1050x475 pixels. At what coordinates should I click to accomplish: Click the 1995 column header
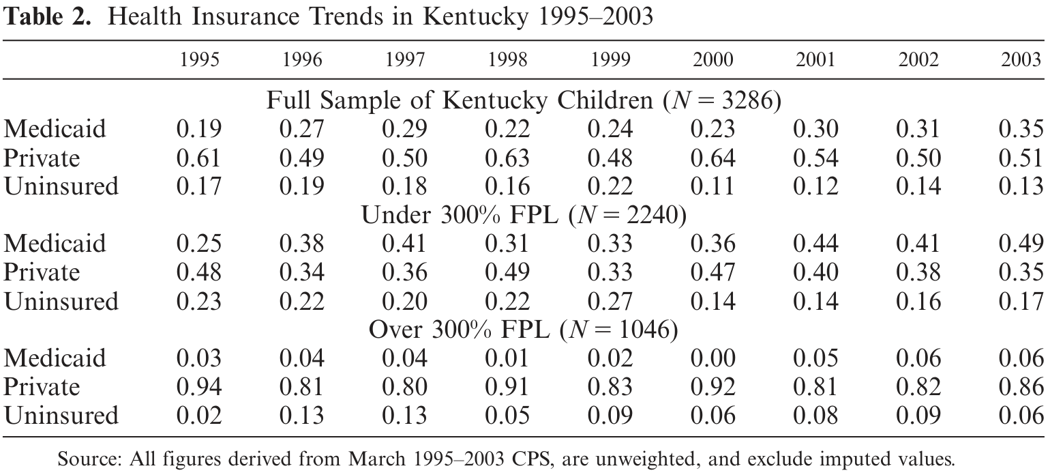[199, 60]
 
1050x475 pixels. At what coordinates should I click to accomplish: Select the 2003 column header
[1021, 60]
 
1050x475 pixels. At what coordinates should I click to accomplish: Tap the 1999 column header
[610, 60]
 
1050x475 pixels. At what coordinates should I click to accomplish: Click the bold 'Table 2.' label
[47, 17]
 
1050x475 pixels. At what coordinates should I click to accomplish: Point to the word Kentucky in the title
[475, 17]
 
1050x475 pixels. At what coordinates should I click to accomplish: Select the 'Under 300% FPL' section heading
[460, 215]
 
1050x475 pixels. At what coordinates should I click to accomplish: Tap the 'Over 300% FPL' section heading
[460, 330]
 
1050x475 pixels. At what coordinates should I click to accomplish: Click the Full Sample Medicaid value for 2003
[1021, 128]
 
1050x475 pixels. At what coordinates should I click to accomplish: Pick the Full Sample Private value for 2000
[713, 158]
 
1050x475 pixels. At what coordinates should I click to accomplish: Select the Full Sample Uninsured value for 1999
[610, 186]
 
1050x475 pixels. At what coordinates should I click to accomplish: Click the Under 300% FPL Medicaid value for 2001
[815, 244]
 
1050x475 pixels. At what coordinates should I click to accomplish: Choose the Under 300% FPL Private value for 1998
[508, 272]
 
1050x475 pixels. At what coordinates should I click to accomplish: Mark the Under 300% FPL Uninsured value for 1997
[404, 301]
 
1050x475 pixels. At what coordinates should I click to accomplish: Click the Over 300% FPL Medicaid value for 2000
[713, 358]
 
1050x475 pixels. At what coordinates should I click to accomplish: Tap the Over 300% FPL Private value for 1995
[199, 387]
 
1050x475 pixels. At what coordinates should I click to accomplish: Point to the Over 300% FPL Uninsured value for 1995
[199, 416]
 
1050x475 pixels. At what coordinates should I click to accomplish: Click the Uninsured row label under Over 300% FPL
[61, 416]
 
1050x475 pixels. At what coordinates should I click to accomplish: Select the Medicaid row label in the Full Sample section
[55, 128]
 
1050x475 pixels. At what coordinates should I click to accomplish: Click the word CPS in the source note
[530, 459]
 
